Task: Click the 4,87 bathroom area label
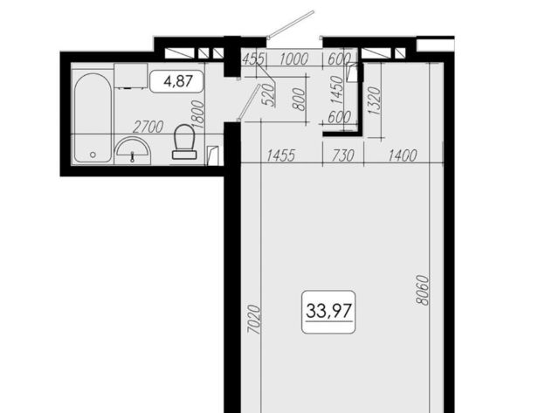tap(178, 81)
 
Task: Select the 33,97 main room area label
tap(329, 311)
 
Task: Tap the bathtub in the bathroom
tap(93, 118)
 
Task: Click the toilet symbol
tap(184, 141)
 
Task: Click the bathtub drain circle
tap(93, 155)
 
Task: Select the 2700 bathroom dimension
tap(148, 127)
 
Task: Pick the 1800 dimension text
tap(198, 114)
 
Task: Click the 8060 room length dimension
tap(422, 290)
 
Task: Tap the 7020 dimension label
tap(254, 319)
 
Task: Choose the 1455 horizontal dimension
tap(281, 155)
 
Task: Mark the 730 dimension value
tap(343, 155)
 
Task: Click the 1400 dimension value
tap(402, 155)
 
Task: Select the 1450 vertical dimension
tap(336, 90)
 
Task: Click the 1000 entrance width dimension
tap(293, 59)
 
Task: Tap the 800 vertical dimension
tap(299, 99)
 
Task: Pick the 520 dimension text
tap(269, 95)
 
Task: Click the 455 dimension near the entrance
tap(253, 59)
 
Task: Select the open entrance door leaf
tap(291, 24)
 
